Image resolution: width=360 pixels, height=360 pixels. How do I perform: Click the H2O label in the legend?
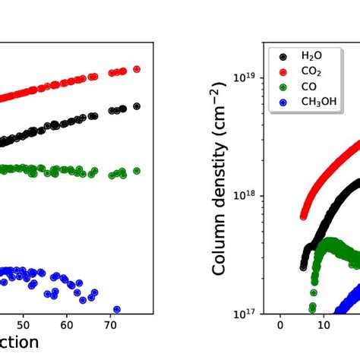(312, 55)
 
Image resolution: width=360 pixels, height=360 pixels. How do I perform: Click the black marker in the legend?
(283, 55)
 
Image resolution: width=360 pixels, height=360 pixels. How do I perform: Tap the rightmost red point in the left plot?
(137, 68)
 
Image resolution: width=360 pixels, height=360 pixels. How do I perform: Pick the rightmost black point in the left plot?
(137, 106)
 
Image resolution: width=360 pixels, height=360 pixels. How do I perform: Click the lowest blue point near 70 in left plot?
(116, 309)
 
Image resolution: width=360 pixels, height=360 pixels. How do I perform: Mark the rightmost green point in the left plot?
(137, 171)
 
